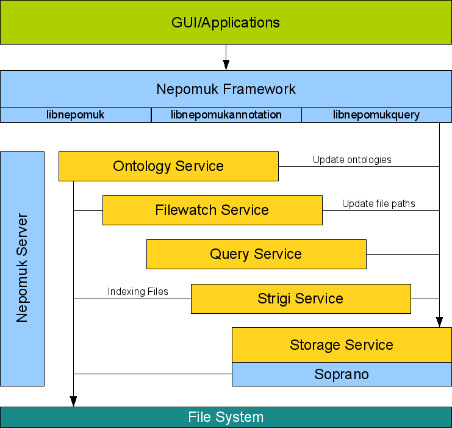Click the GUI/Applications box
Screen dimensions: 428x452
pyautogui.click(x=226, y=23)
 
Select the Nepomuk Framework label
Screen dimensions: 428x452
pyautogui.click(x=226, y=89)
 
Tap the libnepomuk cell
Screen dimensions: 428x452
pyautogui.click(x=76, y=115)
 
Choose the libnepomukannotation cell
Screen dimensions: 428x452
pyautogui.click(x=226, y=115)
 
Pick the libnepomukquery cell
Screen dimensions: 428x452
pyautogui.click(x=376, y=115)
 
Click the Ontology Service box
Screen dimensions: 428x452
pyautogui.click(x=168, y=166)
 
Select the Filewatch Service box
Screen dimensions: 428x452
pyautogui.click(x=212, y=210)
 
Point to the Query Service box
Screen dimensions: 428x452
pyautogui.click(x=256, y=254)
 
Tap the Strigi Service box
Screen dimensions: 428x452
pyautogui.click(x=301, y=299)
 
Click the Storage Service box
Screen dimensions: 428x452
pyautogui.click(x=342, y=345)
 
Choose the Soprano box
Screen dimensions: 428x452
pyautogui.click(x=342, y=374)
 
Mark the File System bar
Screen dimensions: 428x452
pyautogui.click(x=226, y=417)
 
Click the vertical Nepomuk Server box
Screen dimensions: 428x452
pyautogui.click(x=23, y=269)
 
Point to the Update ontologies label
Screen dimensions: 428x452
pyautogui.click(x=352, y=160)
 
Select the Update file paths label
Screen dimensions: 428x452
pyautogui.click(x=378, y=204)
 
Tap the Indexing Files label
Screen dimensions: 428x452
pyautogui.click(x=138, y=292)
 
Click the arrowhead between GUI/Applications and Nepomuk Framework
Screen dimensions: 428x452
pyautogui.click(x=226, y=65)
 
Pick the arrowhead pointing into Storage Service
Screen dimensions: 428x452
pyautogui.click(x=439, y=322)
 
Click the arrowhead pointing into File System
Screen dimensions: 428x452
pyautogui.click(x=73, y=401)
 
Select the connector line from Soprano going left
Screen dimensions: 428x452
pyautogui.click(x=152, y=374)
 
